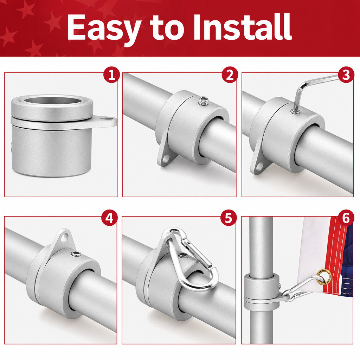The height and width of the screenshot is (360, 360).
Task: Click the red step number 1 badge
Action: pos(111,75)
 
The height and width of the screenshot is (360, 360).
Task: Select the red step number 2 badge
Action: pos(230,75)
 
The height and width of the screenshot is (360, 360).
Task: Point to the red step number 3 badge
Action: pos(346,75)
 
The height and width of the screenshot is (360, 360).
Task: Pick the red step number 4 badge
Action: pos(109,218)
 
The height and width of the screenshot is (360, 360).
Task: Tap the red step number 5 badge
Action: pos(228,217)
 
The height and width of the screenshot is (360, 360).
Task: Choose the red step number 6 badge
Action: pos(346,217)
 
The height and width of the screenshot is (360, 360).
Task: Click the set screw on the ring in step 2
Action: pos(204,101)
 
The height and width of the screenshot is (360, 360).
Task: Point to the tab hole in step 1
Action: pos(105,119)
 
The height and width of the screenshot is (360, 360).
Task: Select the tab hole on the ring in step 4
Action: pos(66,237)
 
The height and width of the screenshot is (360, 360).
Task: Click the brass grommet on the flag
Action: pos(324,276)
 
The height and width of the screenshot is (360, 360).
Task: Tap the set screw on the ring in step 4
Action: pos(76,254)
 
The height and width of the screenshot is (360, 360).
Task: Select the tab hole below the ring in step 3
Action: pos(259,166)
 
